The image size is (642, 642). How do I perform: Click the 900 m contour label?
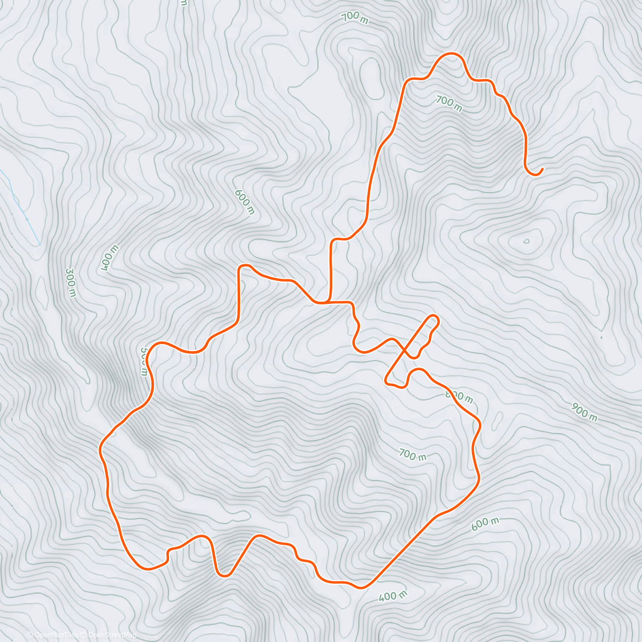click(x=584, y=412)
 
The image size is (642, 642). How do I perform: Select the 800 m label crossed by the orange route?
click(x=459, y=397)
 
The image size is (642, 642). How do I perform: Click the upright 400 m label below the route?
click(x=393, y=595)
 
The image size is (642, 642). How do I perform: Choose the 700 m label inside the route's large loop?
click(x=413, y=455)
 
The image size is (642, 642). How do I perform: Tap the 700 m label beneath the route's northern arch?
click(x=448, y=103)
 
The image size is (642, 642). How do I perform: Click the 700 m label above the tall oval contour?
click(x=355, y=18)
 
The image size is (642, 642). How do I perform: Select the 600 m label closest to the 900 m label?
click(x=485, y=524)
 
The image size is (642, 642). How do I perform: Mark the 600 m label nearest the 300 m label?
click(x=244, y=202)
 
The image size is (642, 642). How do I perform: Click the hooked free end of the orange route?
click(x=541, y=170)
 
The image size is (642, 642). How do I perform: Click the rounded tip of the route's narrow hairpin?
click(x=434, y=319)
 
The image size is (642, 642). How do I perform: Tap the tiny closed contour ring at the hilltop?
click(x=526, y=241)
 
